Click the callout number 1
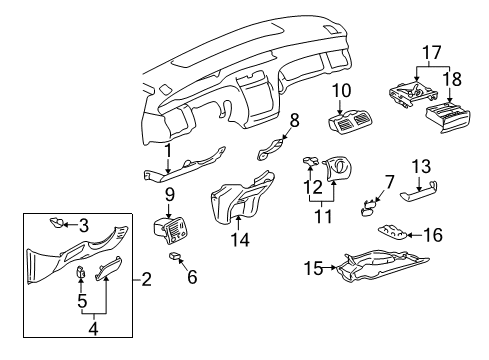169,152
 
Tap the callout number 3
84,224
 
